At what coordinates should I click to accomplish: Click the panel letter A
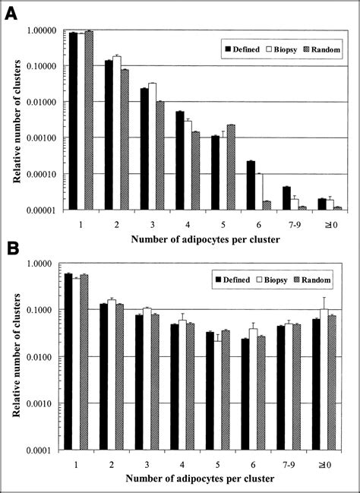point(14,13)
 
